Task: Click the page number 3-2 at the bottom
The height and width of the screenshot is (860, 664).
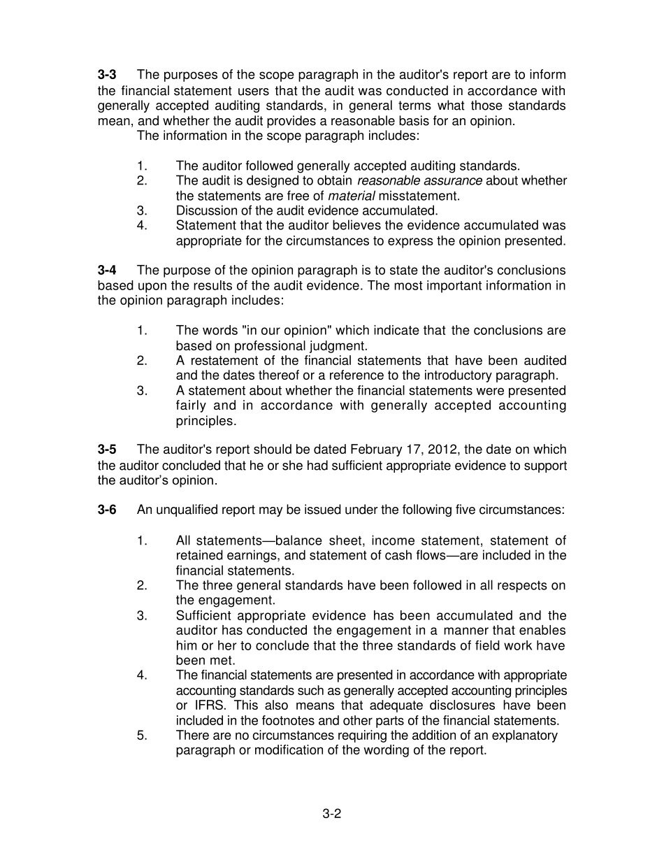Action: (x=331, y=813)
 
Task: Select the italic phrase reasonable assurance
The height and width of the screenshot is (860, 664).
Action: (x=419, y=181)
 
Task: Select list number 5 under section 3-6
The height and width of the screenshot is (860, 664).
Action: (x=142, y=736)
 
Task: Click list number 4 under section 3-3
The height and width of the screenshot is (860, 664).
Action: (x=142, y=226)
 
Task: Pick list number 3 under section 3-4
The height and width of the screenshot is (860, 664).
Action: (x=142, y=391)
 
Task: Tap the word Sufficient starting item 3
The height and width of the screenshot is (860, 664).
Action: (x=203, y=616)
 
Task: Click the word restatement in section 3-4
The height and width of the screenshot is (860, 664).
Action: (x=223, y=361)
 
